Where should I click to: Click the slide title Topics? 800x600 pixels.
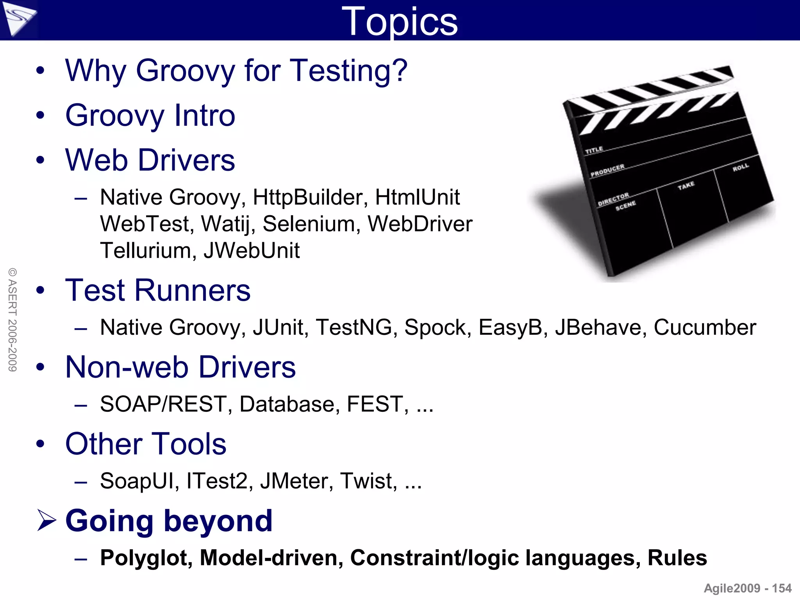[399, 21]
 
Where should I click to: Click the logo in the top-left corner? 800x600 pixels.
[18, 19]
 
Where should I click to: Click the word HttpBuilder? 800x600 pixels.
[311, 197]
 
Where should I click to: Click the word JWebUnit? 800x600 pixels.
[252, 250]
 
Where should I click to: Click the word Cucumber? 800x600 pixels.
[705, 327]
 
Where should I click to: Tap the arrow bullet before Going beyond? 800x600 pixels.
[46, 521]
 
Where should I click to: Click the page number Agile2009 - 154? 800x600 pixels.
[748, 588]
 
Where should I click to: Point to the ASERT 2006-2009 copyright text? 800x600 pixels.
[12, 320]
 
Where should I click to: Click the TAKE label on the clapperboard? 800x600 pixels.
[686, 185]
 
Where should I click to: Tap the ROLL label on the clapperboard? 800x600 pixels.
[741, 168]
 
